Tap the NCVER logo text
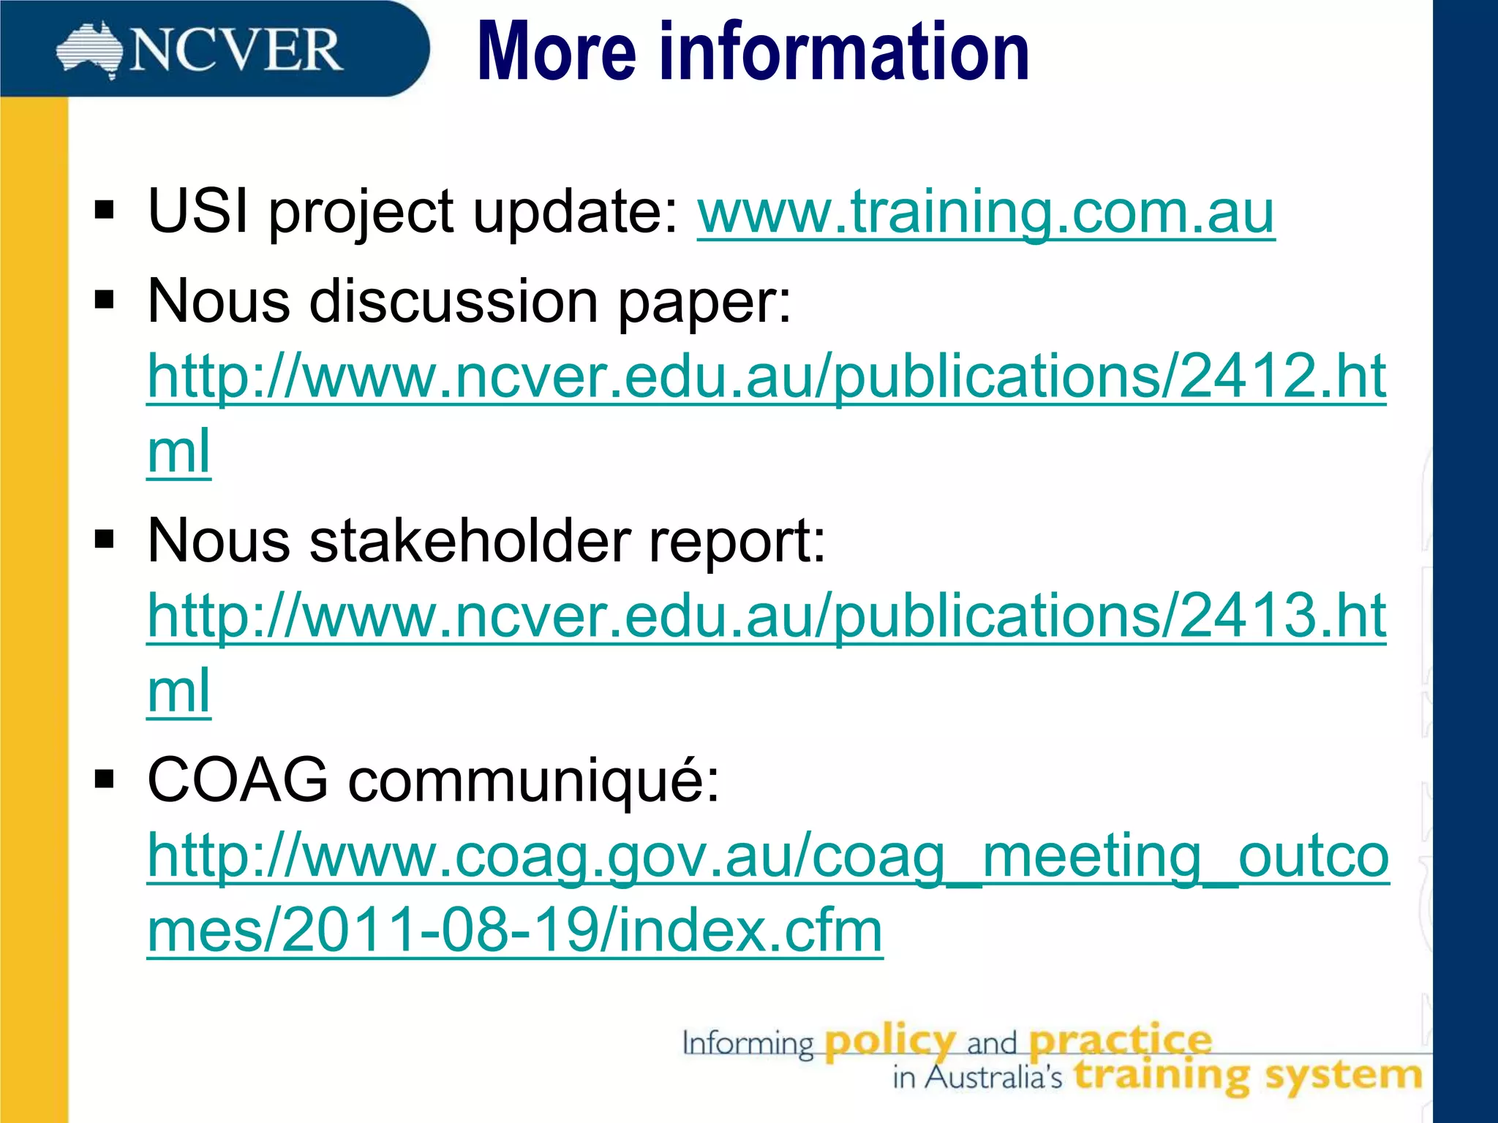(x=236, y=51)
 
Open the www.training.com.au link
(x=985, y=212)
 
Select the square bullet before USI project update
(x=105, y=211)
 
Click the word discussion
(x=453, y=301)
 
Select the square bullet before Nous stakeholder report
(x=105, y=540)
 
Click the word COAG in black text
(x=238, y=780)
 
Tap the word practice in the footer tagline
(x=1120, y=1040)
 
